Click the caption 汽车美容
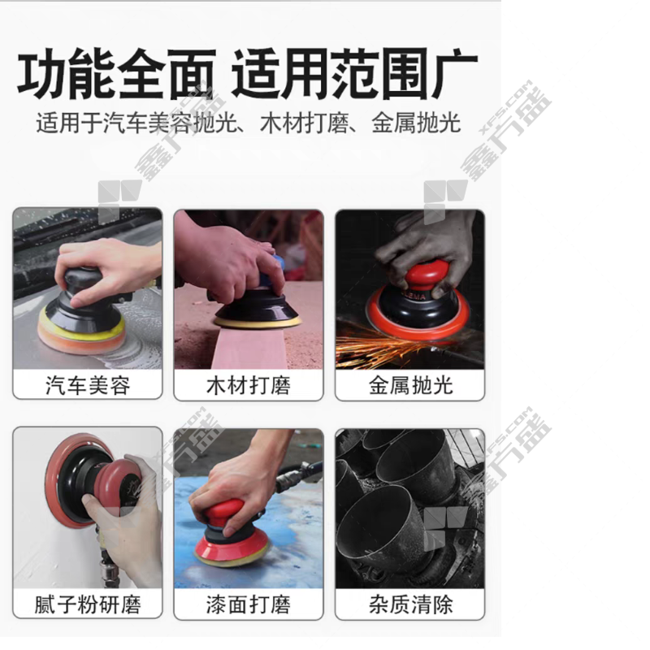click(88, 385)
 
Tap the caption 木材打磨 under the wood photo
click(249, 385)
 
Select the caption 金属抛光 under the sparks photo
click(410, 385)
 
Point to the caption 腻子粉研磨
click(88, 604)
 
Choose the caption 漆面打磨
click(249, 604)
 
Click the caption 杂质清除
click(410, 604)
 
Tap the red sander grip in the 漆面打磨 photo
click(219, 515)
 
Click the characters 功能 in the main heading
click(67, 75)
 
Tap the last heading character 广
click(453, 75)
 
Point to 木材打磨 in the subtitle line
click(305, 123)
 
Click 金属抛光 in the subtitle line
click(416, 123)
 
